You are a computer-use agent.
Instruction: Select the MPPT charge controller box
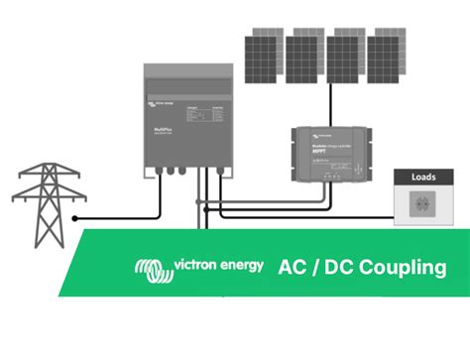click(x=326, y=153)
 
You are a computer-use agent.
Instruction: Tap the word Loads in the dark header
click(x=423, y=178)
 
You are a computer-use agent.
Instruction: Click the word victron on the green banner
click(x=193, y=265)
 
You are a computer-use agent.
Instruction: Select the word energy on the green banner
click(x=240, y=266)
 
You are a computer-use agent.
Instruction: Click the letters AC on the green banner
click(x=294, y=267)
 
